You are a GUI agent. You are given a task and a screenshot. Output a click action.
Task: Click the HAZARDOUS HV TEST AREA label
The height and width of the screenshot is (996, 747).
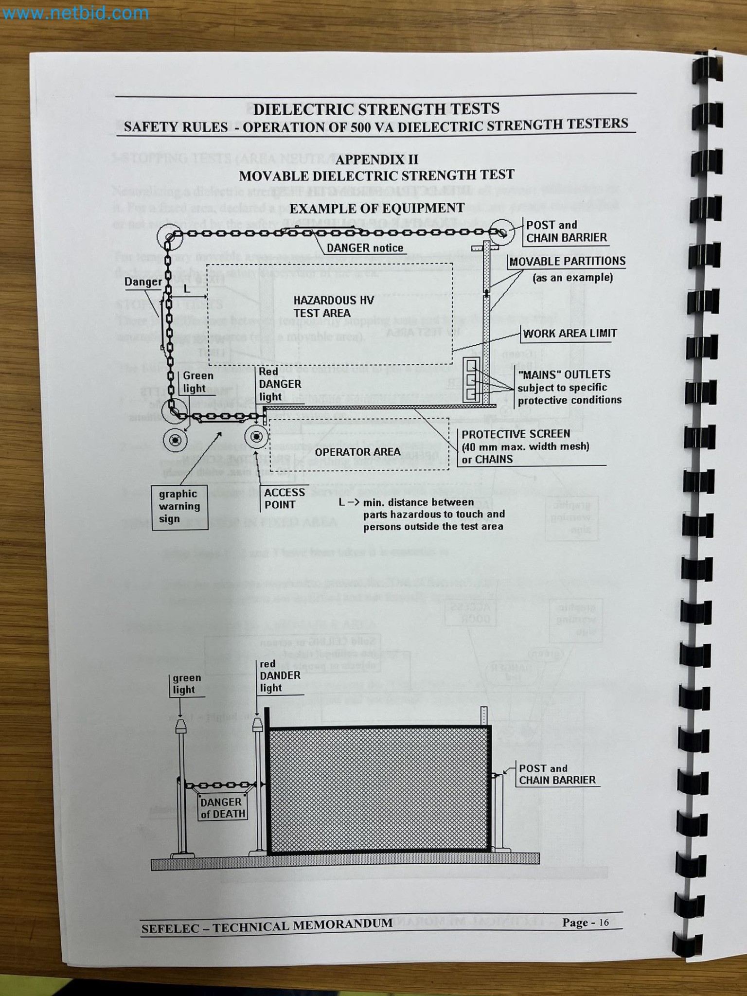pyautogui.click(x=333, y=306)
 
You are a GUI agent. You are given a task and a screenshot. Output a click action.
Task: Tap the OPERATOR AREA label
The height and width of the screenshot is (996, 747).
pyautogui.click(x=357, y=452)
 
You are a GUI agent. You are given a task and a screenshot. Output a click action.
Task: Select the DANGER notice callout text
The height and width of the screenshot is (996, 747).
pyautogui.click(x=365, y=248)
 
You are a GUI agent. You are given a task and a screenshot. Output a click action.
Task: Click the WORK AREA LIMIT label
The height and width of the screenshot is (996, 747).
pyautogui.click(x=569, y=334)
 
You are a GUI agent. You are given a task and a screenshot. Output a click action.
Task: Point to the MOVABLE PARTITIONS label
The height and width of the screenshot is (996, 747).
pyautogui.click(x=567, y=262)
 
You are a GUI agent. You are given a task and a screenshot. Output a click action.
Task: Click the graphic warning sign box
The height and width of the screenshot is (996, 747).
pyautogui.click(x=179, y=506)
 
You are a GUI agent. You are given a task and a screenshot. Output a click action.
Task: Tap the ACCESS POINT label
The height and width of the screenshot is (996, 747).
pyautogui.click(x=285, y=498)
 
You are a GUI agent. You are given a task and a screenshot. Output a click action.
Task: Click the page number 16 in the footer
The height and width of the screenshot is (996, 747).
pyautogui.click(x=603, y=923)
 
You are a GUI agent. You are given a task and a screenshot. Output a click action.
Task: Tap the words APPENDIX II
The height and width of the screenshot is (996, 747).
pyautogui.click(x=376, y=160)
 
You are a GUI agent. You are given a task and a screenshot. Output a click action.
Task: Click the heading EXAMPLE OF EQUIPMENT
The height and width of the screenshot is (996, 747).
pyautogui.click(x=377, y=208)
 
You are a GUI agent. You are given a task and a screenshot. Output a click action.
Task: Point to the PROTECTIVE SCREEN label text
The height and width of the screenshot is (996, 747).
pyautogui.click(x=516, y=434)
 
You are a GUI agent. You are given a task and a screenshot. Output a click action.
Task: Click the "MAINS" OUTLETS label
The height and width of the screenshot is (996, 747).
pyautogui.click(x=564, y=374)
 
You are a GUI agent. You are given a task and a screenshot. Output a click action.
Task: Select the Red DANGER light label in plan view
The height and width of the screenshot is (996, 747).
pyautogui.click(x=280, y=384)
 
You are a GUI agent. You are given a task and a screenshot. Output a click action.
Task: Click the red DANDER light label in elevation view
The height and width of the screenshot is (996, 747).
pyautogui.click(x=280, y=676)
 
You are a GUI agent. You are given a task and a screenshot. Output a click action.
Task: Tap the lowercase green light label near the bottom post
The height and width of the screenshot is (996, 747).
pyautogui.click(x=186, y=683)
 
